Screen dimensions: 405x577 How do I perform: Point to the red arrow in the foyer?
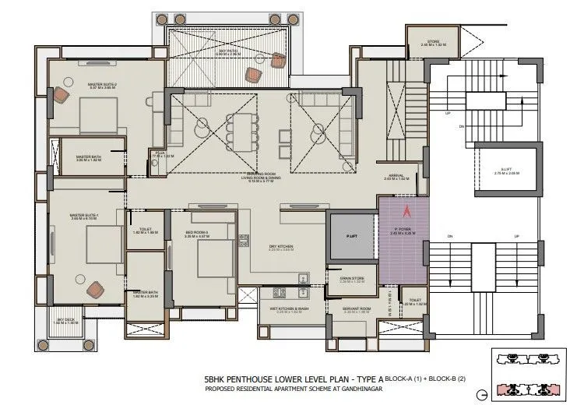pos(404,210)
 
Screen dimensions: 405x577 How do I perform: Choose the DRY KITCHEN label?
pos(281,247)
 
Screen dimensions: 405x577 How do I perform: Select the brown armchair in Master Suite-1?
pos(96,289)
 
